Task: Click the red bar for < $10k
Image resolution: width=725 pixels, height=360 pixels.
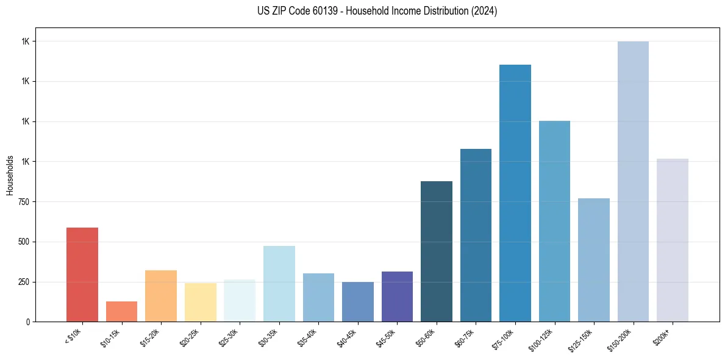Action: tap(82, 275)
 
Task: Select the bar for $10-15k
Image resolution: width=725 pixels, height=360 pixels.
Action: tap(121, 312)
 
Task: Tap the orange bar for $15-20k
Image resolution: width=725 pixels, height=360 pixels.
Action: tap(161, 296)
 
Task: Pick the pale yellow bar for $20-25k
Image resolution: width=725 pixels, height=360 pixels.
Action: tap(201, 302)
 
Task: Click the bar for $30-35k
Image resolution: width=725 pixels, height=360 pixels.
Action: tap(279, 284)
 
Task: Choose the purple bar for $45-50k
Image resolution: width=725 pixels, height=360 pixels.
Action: tap(397, 297)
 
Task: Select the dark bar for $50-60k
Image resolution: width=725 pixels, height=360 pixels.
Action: tap(437, 251)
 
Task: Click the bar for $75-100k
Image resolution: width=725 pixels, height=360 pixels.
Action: tap(515, 193)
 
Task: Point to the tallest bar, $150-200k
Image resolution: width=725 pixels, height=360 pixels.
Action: tap(633, 181)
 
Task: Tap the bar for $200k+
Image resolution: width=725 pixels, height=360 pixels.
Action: tap(673, 240)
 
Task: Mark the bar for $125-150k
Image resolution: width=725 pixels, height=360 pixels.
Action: tap(594, 260)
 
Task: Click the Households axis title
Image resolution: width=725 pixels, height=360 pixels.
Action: tap(10, 175)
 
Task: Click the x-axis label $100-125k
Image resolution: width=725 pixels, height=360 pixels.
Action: tap(542, 339)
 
